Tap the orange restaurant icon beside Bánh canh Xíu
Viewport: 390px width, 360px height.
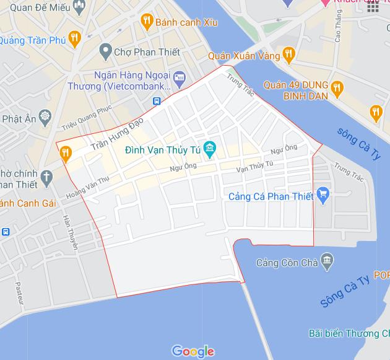coord(147,22)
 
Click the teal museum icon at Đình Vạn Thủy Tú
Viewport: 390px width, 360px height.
coord(210,148)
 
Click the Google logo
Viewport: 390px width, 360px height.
coord(193,351)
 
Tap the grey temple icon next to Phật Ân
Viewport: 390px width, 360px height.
coord(45,116)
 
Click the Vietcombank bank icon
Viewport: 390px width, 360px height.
coord(179,78)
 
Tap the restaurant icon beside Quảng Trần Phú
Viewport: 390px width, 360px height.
coord(74,38)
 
